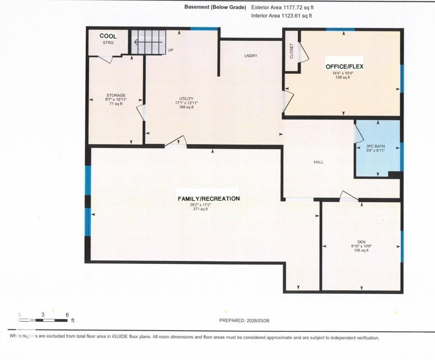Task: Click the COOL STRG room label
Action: (x=108, y=38)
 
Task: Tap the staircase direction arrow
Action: (x=146, y=42)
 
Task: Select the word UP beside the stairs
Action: (x=171, y=50)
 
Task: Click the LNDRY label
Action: (x=251, y=56)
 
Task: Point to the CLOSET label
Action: (x=292, y=51)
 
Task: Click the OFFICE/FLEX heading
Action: (x=344, y=67)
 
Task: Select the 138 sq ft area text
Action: (x=343, y=77)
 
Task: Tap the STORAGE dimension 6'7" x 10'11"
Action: (x=116, y=100)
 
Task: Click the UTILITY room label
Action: (x=186, y=99)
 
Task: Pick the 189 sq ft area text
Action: (x=186, y=107)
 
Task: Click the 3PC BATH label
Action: (x=375, y=146)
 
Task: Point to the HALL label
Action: (x=318, y=162)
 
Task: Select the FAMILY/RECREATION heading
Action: (x=209, y=199)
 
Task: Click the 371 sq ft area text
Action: (x=200, y=209)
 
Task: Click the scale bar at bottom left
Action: (x=43, y=320)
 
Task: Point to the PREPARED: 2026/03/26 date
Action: (x=244, y=320)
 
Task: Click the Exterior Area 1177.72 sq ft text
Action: (x=282, y=7)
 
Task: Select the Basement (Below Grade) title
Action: (x=215, y=7)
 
